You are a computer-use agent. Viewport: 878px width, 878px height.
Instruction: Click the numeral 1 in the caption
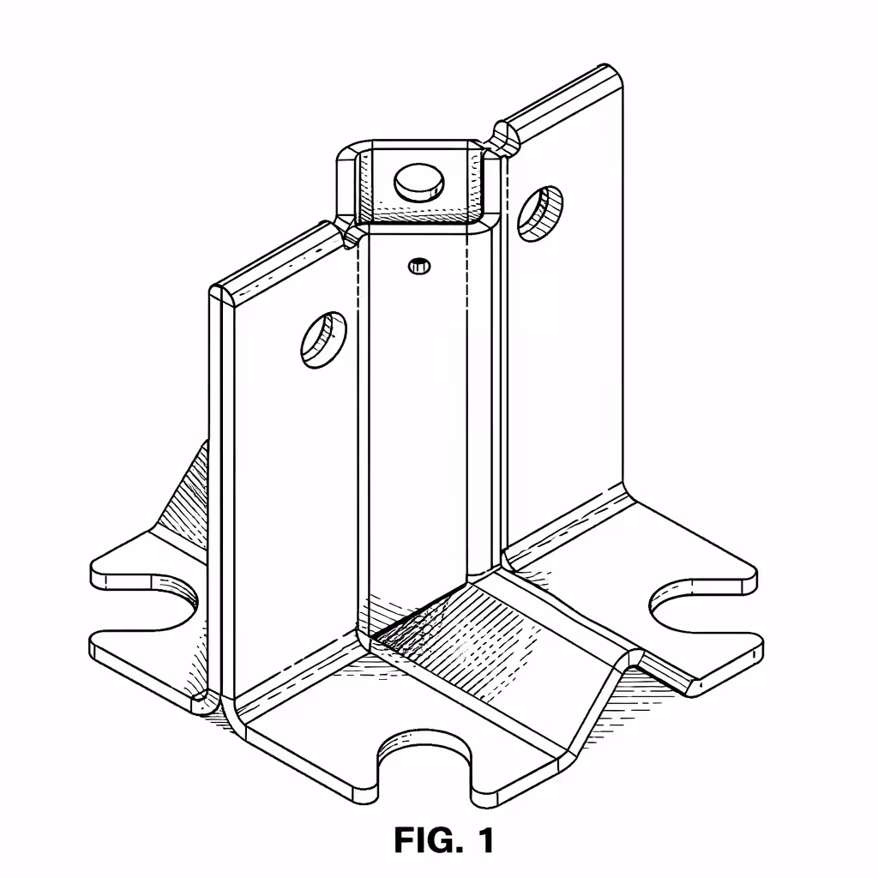(485, 840)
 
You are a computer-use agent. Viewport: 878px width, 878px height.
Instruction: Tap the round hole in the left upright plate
(324, 340)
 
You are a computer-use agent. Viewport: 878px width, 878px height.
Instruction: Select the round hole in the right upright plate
(540, 210)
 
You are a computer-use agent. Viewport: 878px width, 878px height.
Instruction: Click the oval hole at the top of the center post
(419, 182)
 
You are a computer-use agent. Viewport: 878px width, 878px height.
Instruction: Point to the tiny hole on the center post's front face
(418, 266)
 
